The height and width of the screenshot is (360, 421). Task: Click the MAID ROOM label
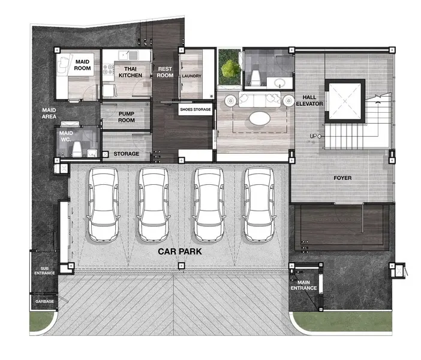pos(82,65)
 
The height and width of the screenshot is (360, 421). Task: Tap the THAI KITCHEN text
pos(130,72)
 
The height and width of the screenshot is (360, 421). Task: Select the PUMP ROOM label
pos(127,117)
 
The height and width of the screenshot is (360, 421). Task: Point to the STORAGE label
pos(126,154)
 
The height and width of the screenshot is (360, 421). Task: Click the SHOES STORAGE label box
pos(196,109)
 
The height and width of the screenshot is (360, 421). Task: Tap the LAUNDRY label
pos(191,76)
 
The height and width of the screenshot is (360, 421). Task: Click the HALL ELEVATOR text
pos(309,100)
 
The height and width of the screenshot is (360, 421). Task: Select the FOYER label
pos(342,178)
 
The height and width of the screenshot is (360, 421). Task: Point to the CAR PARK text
pos(180,251)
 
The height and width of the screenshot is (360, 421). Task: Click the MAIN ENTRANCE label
pos(303,286)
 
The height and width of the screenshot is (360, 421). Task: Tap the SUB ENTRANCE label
pos(44,271)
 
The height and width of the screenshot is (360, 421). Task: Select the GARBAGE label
pos(44,301)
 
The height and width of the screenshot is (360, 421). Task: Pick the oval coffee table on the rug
pos(260,118)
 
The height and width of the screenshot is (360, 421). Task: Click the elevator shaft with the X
pos(345,101)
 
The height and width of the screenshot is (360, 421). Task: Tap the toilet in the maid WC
pos(77,149)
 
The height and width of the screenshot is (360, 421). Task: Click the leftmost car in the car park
pos(103,204)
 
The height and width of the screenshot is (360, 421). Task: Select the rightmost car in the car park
pos(259,204)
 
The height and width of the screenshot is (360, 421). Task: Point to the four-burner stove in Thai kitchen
pos(108,69)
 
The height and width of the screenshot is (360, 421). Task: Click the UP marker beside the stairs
pos(315,136)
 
